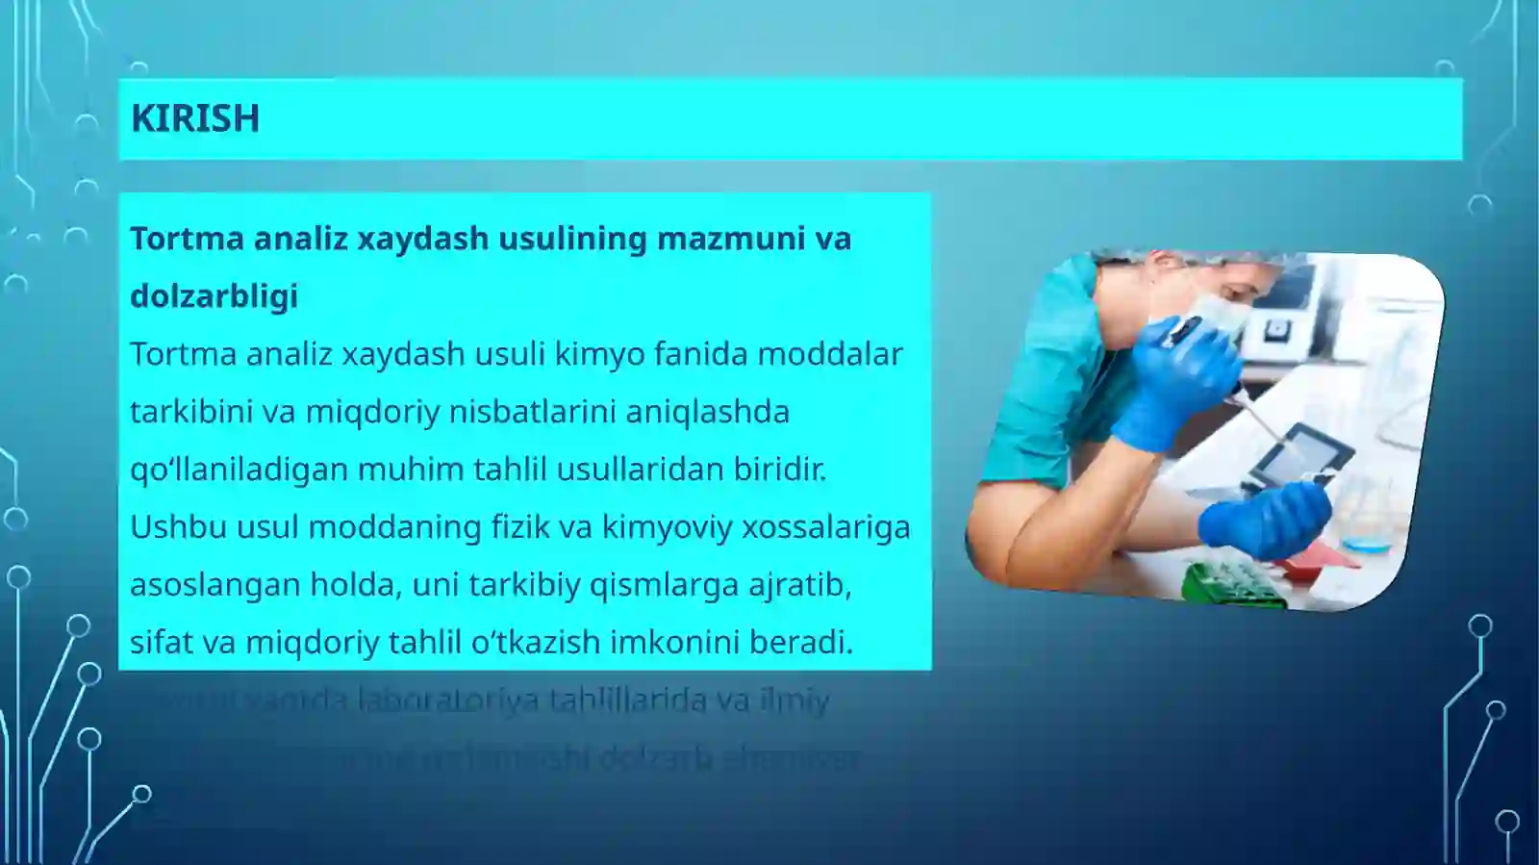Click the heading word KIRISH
[x=195, y=118]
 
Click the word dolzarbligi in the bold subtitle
[x=214, y=296]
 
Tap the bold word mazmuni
[x=731, y=239]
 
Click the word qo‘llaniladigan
[x=239, y=470]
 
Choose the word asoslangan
[x=214, y=585]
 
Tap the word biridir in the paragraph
[x=779, y=470]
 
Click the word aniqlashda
[x=707, y=412]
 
